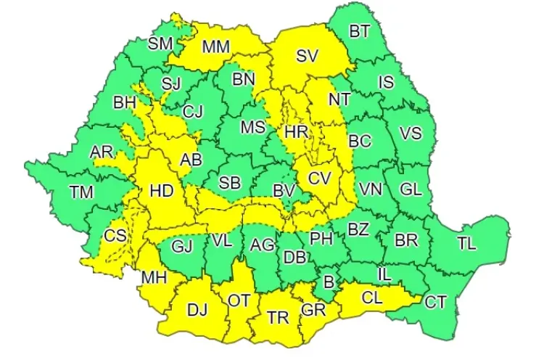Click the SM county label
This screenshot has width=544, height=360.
point(160,44)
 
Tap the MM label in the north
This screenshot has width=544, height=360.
point(215,47)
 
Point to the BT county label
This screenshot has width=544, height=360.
point(360,31)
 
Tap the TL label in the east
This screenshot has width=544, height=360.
point(467,244)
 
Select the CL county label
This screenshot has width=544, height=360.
point(372,298)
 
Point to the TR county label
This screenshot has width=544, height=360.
point(278,317)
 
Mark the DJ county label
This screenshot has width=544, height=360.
point(197,311)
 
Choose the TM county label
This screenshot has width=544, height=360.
point(81,192)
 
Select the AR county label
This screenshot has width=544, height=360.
point(102,152)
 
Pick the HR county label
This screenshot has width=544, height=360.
point(297,132)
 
